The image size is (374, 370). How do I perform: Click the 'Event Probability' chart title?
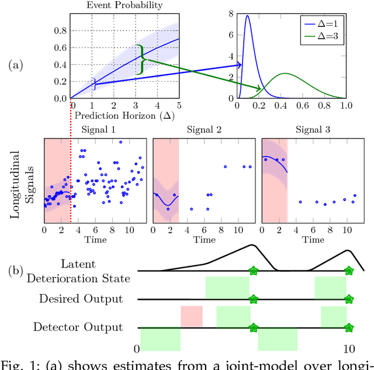(x=124, y=5)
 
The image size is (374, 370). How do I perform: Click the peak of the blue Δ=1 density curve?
(x=247, y=16)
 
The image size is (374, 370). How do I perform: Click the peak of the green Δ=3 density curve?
(x=285, y=74)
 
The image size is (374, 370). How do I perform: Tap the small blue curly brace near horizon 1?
(x=93, y=85)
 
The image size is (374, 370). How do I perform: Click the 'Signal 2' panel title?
(x=205, y=130)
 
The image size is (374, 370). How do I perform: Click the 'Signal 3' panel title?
(x=313, y=130)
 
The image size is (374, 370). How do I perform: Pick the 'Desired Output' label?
(x=81, y=299)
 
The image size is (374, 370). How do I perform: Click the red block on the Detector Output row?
(x=192, y=316)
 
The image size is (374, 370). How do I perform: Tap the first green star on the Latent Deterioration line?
(x=253, y=271)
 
